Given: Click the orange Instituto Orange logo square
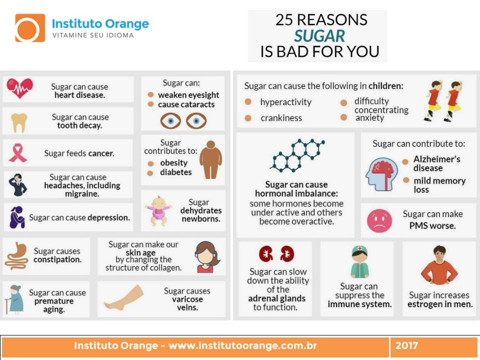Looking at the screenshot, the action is [x=30, y=28].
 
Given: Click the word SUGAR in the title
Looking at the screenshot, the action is [x=319, y=36].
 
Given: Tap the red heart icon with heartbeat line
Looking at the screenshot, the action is [x=19, y=88].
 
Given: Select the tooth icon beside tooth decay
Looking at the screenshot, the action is [x=19, y=123].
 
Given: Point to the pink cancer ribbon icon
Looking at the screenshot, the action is [x=17, y=152].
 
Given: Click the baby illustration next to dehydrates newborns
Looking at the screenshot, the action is [x=158, y=211].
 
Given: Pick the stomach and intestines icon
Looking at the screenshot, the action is [x=16, y=256].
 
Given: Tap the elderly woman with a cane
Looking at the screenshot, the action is [x=14, y=299].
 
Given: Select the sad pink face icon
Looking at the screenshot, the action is [x=379, y=220].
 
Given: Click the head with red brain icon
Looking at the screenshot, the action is [x=381, y=174].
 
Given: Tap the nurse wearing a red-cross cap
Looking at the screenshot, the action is [x=359, y=262].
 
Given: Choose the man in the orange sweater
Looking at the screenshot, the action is [x=439, y=265].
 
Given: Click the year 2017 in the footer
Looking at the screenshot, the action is [x=406, y=345].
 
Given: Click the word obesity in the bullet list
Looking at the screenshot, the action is [x=173, y=163].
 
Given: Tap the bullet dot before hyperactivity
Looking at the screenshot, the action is [x=248, y=102].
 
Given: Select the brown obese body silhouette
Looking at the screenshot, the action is [x=211, y=159].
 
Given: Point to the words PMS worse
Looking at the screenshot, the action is [x=432, y=226].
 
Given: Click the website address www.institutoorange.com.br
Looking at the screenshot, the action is [x=242, y=345].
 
